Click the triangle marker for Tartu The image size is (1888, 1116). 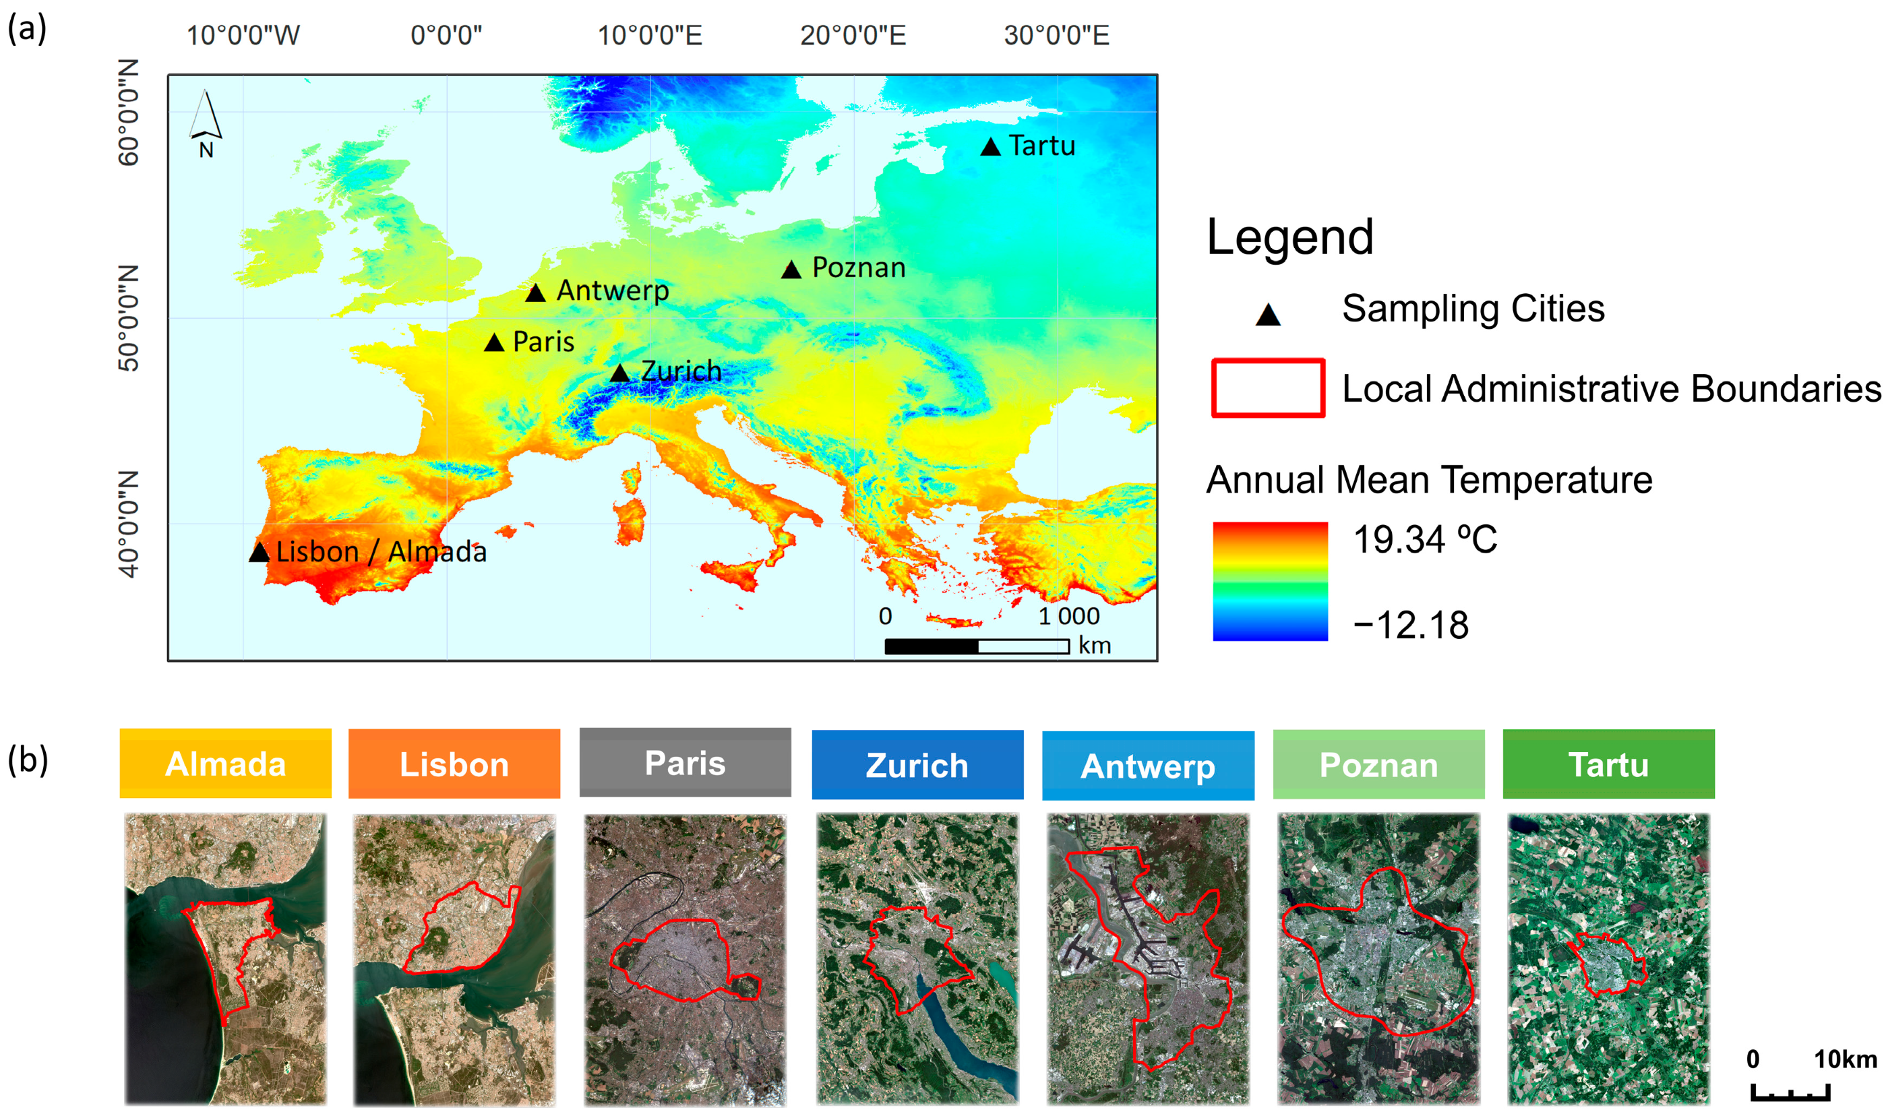coord(990,148)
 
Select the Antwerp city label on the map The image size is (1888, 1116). coord(612,290)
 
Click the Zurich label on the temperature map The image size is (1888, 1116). coord(681,371)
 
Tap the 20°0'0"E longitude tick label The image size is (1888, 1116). coord(852,35)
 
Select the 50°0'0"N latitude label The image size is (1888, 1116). coord(129,318)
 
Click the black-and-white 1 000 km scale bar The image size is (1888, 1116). coord(976,646)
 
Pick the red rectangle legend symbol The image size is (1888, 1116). coord(1267,388)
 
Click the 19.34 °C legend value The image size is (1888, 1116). coord(1425,539)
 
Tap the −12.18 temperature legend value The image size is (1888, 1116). coord(1410,625)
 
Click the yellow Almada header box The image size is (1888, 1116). coord(225,764)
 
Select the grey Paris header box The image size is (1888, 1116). coord(685,763)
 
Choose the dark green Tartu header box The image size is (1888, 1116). coord(1608,764)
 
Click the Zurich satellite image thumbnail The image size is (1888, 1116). coord(917,958)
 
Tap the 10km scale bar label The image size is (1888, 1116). coord(1844,1059)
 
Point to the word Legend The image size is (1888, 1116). coord(1289,237)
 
